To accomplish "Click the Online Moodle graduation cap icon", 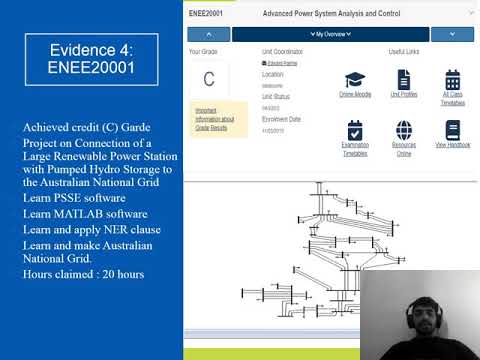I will click(x=354, y=80).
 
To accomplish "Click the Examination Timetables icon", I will click(x=355, y=131).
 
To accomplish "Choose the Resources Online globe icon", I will click(x=404, y=131).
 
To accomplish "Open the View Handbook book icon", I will click(x=452, y=131).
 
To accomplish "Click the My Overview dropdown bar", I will click(x=331, y=34).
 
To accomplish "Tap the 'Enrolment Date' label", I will click(x=280, y=119).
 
